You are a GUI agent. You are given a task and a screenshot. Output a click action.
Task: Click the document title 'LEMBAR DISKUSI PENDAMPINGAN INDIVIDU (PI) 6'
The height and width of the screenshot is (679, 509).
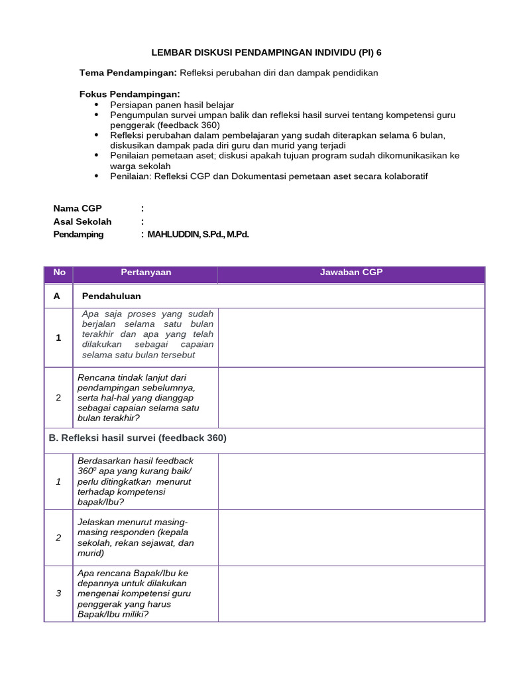tap(267, 52)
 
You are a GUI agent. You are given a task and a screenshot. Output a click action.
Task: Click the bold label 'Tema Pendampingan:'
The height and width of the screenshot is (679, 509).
tap(128, 73)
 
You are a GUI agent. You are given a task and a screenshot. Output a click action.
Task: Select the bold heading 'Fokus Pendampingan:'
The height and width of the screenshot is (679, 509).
tap(129, 94)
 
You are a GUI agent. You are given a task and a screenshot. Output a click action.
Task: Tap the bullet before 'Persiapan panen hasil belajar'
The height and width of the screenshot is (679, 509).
tap(97, 105)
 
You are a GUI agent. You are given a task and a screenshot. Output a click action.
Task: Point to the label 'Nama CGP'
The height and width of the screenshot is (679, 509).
tap(78, 208)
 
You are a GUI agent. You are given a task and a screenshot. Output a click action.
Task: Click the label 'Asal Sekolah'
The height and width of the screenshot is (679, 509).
tap(82, 221)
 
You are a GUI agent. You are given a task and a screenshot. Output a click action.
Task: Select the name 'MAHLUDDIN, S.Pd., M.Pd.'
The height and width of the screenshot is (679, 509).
tap(198, 235)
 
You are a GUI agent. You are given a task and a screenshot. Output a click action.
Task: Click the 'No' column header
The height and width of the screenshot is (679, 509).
tap(59, 273)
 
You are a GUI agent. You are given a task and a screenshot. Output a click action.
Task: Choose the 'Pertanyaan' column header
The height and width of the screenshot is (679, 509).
tap(146, 273)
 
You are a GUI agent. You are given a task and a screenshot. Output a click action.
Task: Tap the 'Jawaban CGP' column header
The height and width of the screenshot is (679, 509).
tap(351, 273)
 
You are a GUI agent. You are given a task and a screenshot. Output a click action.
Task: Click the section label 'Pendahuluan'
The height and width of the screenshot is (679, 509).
tap(111, 296)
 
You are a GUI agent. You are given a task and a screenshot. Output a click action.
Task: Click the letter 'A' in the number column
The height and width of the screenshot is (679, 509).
tap(57, 296)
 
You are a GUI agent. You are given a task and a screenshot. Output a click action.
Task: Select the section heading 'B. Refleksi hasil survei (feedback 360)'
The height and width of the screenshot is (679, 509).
tap(138, 438)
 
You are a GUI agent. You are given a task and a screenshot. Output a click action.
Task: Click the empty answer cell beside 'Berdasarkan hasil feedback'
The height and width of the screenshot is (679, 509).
tap(351, 481)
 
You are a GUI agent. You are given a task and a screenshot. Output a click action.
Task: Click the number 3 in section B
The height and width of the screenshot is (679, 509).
tap(58, 593)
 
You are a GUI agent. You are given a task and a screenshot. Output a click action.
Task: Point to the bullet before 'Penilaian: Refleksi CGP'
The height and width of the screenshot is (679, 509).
tap(97, 176)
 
